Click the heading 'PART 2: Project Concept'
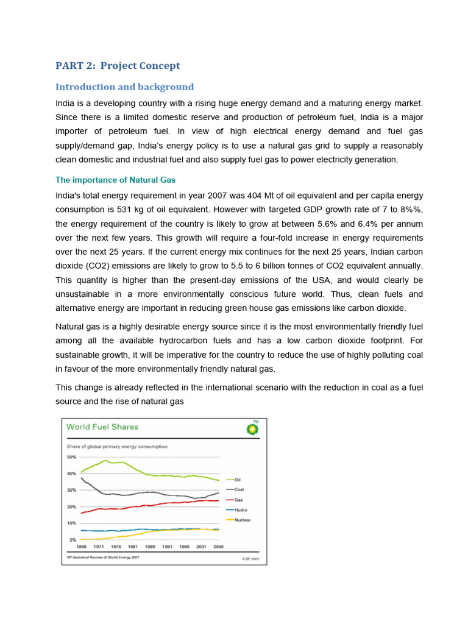pyautogui.click(x=118, y=66)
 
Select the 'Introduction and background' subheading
pyautogui.click(x=124, y=87)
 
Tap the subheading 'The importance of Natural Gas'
pyautogui.click(x=115, y=180)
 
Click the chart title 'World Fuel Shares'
pyautogui.click(x=102, y=427)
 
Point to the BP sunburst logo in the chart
pyautogui.click(x=252, y=428)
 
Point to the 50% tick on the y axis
pyautogui.click(x=71, y=457)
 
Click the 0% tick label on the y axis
pyautogui.click(x=73, y=540)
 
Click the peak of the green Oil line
pyautogui.click(x=106, y=461)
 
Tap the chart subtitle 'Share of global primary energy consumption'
pyautogui.click(x=117, y=447)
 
